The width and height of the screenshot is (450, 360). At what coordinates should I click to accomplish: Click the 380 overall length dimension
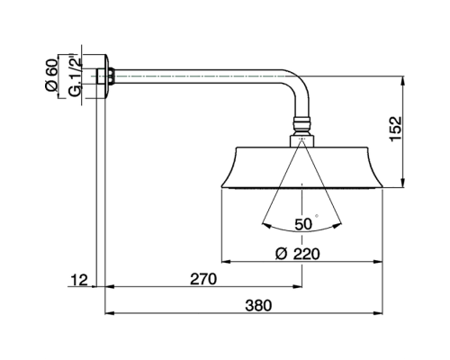[x=257, y=304]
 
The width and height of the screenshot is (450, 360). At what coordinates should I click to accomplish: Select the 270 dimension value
[x=203, y=279]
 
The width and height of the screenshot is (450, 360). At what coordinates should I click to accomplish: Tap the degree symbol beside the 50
[x=316, y=216]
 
